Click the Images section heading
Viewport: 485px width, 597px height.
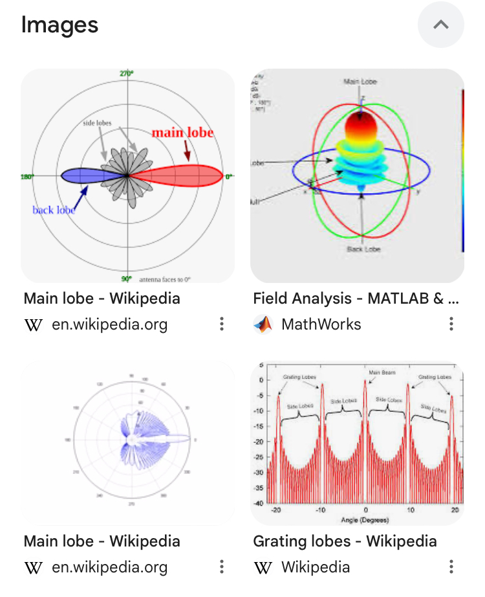59,25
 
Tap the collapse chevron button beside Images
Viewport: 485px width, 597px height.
440,25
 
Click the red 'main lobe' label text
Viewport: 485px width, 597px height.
182,133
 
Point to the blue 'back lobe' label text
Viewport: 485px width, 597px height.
53,210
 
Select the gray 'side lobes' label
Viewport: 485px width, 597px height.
98,122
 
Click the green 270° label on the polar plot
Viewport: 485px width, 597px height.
127,73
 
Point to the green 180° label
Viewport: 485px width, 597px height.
27,176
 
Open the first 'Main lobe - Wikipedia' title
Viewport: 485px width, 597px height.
102,298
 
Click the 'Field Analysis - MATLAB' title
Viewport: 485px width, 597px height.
356,298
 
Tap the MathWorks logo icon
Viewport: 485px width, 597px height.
263,324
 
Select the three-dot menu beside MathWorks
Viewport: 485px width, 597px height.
451,324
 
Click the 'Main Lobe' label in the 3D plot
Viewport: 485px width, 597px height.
360,82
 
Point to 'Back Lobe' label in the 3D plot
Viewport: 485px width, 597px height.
363,249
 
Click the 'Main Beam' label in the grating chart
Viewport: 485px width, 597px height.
382,373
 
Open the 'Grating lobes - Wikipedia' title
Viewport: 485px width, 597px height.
345,541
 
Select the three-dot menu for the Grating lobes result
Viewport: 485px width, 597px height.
451,567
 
